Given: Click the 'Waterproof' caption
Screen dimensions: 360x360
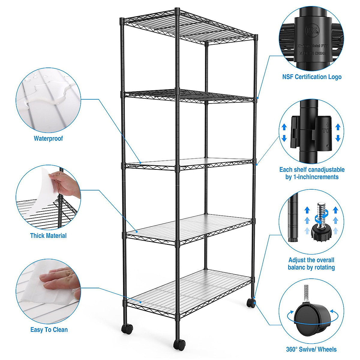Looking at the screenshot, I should click(x=48, y=139).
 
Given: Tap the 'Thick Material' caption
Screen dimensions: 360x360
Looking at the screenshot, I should click(x=48, y=236).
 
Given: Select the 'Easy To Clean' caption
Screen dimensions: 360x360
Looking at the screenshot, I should click(x=49, y=330).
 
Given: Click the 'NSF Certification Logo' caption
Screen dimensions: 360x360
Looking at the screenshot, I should click(x=312, y=77).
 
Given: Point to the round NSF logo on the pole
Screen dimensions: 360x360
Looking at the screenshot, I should click(x=312, y=30).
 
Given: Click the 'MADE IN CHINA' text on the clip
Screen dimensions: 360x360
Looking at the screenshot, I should click(x=312, y=53).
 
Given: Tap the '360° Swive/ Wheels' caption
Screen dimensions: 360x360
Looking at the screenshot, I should click(x=311, y=349).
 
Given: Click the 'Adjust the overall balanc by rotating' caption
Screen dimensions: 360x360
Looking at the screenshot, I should click(x=311, y=264).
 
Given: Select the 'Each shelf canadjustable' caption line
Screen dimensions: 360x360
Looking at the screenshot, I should click(x=312, y=170).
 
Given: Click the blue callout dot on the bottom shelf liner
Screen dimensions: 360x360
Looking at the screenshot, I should click(x=140, y=302).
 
